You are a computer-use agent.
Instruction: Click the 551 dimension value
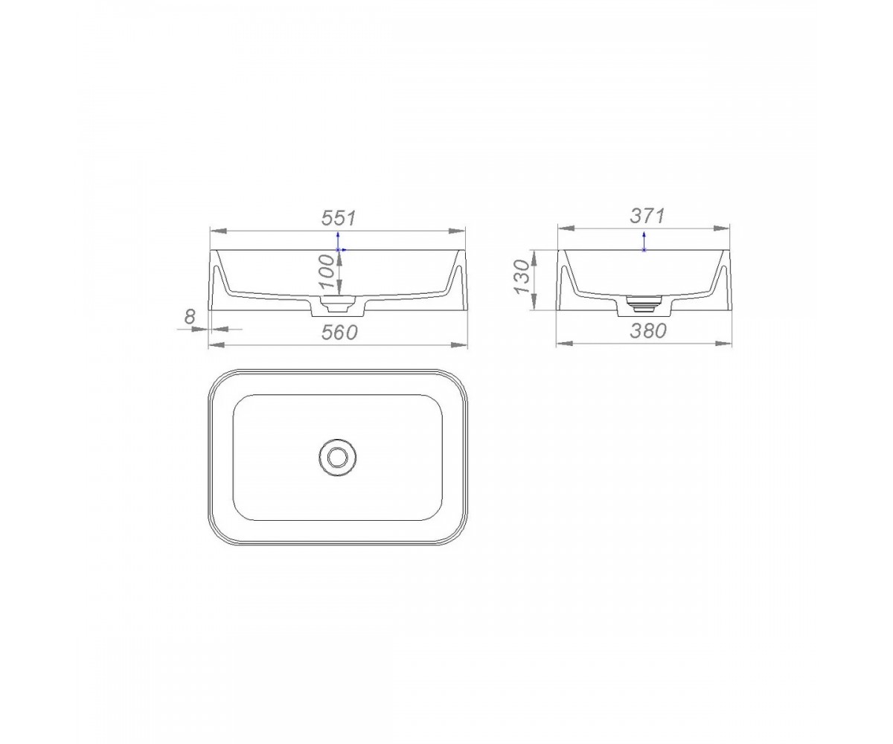coord(339,218)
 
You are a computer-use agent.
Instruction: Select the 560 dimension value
coord(339,333)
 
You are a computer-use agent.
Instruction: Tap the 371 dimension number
coord(647,216)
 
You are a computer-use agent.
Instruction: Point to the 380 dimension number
coord(648,330)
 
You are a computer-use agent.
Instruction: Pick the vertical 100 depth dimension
coord(327,272)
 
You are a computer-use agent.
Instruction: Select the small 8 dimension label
coord(190,317)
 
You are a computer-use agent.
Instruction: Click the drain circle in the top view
coord(338,458)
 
